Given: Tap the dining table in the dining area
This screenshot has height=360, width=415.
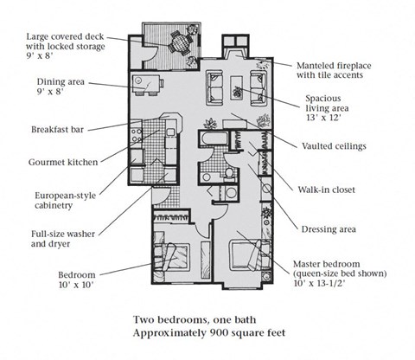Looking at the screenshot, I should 146,84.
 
